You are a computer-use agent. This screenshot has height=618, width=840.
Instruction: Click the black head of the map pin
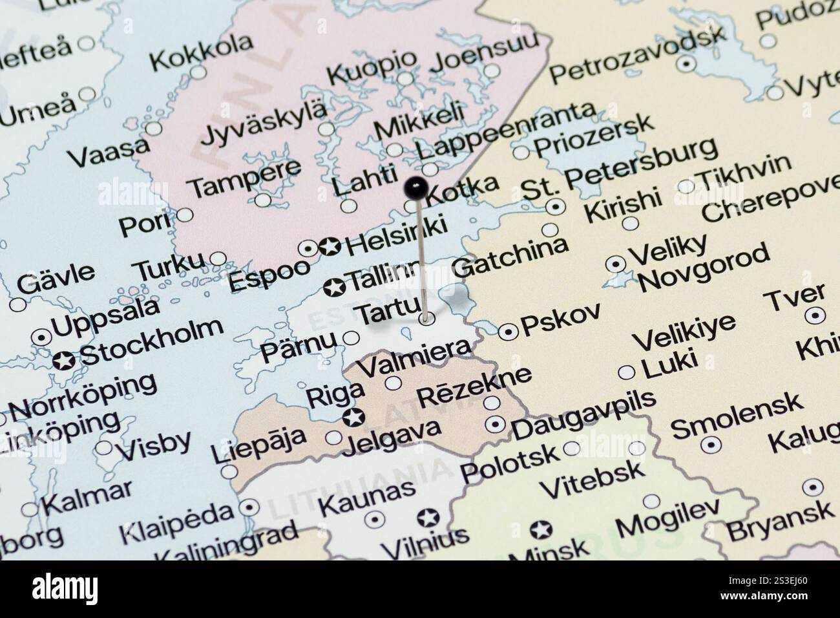pos(415,188)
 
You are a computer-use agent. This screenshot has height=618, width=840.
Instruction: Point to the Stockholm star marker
pos(64,361)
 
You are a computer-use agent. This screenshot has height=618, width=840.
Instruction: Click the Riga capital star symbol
pos(353,418)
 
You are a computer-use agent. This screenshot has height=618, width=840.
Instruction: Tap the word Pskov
pos(560,321)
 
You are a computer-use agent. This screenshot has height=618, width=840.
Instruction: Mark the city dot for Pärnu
pos(351,337)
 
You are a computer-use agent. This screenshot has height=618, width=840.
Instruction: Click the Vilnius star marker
pos(427,518)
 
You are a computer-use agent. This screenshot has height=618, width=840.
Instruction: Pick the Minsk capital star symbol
pos(540,530)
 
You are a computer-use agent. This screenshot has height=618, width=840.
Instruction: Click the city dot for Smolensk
pos(711,443)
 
